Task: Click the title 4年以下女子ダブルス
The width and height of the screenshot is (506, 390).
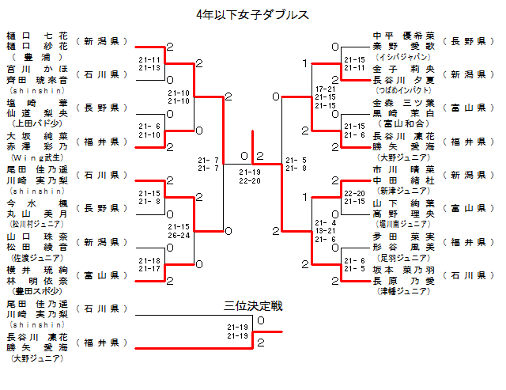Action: point(252,14)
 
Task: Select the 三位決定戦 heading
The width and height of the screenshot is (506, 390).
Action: point(252,305)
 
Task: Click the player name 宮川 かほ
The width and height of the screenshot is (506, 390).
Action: point(37,69)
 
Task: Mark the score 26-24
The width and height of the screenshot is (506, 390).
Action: point(179,235)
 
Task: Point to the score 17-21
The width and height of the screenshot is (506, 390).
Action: point(325,89)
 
